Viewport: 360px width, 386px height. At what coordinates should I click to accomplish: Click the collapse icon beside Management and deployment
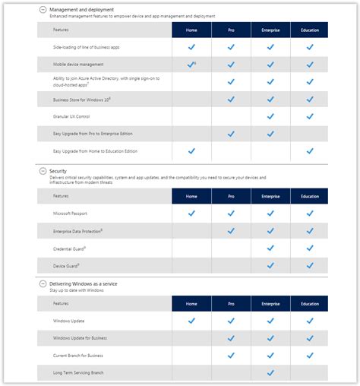pyautogui.click(x=42, y=9)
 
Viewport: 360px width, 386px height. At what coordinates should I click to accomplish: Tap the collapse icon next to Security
pyautogui.click(x=42, y=172)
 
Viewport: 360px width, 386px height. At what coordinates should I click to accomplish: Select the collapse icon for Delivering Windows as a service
pyautogui.click(x=42, y=283)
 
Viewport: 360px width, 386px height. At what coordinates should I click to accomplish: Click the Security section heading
pyautogui.click(x=58, y=172)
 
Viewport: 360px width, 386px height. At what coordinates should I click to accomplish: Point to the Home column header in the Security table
pyautogui.click(x=191, y=196)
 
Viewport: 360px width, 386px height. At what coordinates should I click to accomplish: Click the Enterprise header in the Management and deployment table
pyautogui.click(x=270, y=30)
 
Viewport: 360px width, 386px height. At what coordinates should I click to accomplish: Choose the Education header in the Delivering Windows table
pyautogui.click(x=310, y=303)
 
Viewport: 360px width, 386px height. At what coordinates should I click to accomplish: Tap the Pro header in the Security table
pyautogui.click(x=231, y=196)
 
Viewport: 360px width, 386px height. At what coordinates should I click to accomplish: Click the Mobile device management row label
pyautogui.click(x=79, y=65)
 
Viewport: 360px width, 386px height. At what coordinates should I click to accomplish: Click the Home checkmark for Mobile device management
pyautogui.click(x=191, y=65)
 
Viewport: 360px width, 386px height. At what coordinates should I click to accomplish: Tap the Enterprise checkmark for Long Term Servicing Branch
pyautogui.click(x=270, y=372)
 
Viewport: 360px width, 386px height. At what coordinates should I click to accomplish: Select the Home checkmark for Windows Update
pyautogui.click(x=191, y=321)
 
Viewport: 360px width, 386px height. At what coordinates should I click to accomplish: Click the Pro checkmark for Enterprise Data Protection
pyautogui.click(x=231, y=231)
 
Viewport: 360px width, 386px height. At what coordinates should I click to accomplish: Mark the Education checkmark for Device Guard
pyautogui.click(x=310, y=265)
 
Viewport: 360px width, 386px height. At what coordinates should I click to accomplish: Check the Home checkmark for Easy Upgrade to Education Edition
pyautogui.click(x=191, y=150)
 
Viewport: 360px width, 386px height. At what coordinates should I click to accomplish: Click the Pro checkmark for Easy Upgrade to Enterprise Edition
pyautogui.click(x=231, y=134)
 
